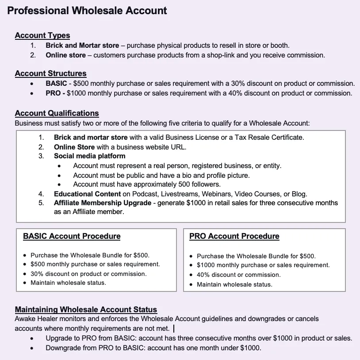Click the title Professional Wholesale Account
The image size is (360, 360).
(87, 11)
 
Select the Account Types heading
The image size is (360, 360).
(42, 35)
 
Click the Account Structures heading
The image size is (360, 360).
(50, 73)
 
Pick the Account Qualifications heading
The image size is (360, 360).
(57, 113)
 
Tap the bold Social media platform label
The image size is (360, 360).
(89, 156)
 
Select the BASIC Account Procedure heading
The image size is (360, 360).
(72, 236)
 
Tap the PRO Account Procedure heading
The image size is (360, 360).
(234, 236)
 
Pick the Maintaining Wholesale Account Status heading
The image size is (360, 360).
(86, 310)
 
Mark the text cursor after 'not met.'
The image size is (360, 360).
(174, 329)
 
